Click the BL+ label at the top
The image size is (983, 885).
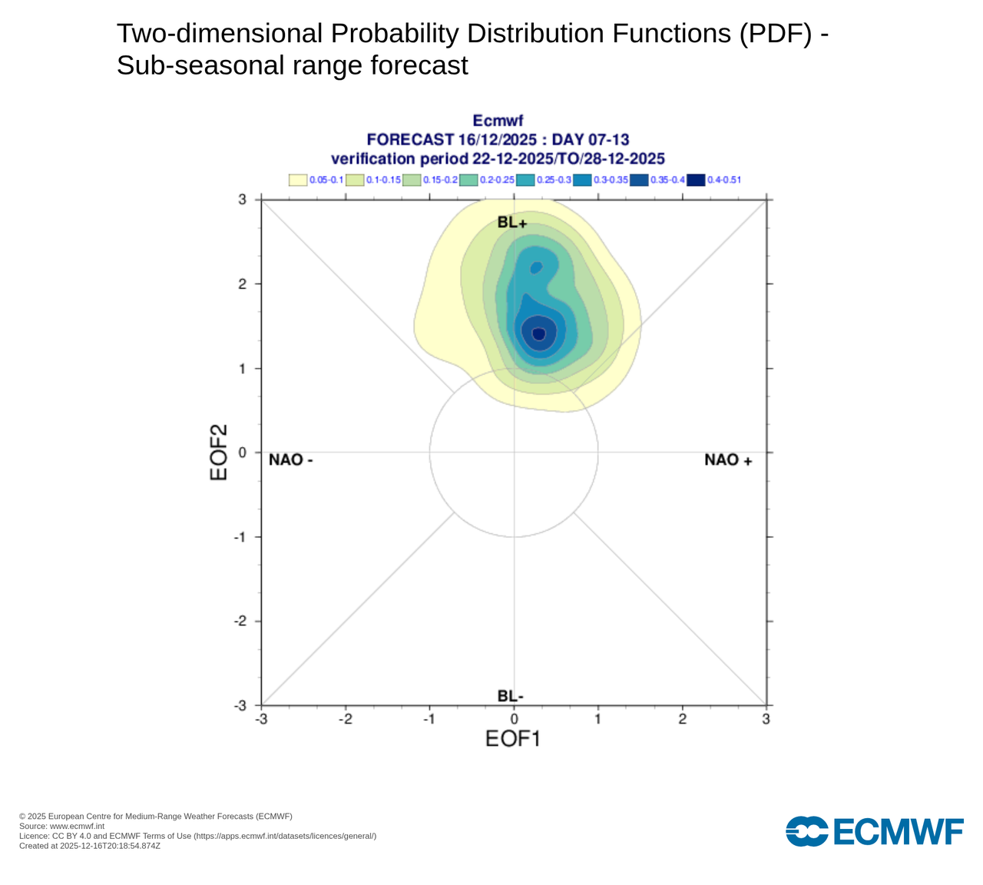512,223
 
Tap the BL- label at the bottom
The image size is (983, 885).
511,696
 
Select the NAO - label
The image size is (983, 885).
291,459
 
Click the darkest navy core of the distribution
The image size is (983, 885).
538,333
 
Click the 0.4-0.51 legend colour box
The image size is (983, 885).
696,180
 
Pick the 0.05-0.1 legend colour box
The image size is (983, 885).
298,180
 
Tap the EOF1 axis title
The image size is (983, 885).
513,739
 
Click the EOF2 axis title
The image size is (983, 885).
220,452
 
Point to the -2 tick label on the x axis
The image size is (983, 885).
346,719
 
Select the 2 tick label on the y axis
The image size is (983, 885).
242,284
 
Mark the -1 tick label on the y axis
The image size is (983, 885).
240,537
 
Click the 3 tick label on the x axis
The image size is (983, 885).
766,719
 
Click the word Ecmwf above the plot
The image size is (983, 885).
498,121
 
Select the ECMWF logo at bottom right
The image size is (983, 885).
875,831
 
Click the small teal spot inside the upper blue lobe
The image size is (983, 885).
537,267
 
